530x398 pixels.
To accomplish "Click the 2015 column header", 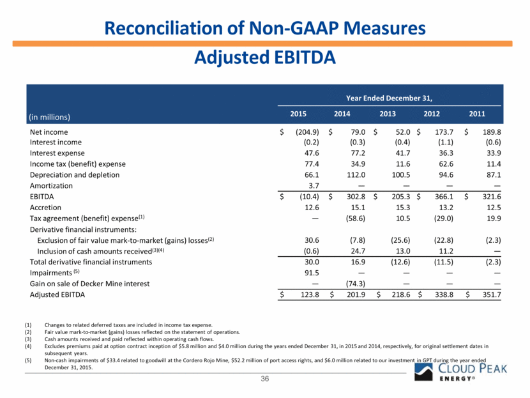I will (x=299, y=115).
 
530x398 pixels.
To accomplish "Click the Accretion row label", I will (x=46, y=208).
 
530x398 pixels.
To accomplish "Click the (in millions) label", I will (x=50, y=116).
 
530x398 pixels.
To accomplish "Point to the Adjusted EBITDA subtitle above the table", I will (x=264, y=57).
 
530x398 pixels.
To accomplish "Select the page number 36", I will (x=264, y=380).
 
